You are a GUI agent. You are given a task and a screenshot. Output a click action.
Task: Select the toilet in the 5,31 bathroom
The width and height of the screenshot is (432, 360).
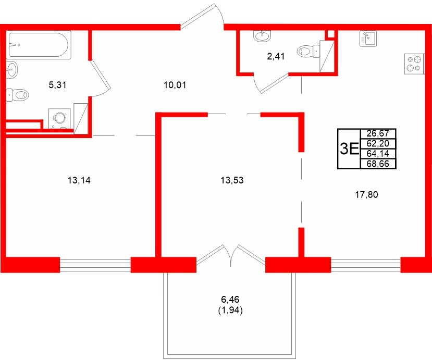(x=18, y=95)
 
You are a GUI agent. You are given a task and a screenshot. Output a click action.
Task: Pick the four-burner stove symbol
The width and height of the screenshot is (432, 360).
(x=414, y=64)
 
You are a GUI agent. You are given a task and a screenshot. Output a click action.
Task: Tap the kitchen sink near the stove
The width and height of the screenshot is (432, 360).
(x=368, y=39)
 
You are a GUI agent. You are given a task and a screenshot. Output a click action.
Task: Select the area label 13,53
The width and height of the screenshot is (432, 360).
(x=232, y=181)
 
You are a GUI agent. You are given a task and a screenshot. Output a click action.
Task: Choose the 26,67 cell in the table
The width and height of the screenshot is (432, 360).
(x=378, y=133)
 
